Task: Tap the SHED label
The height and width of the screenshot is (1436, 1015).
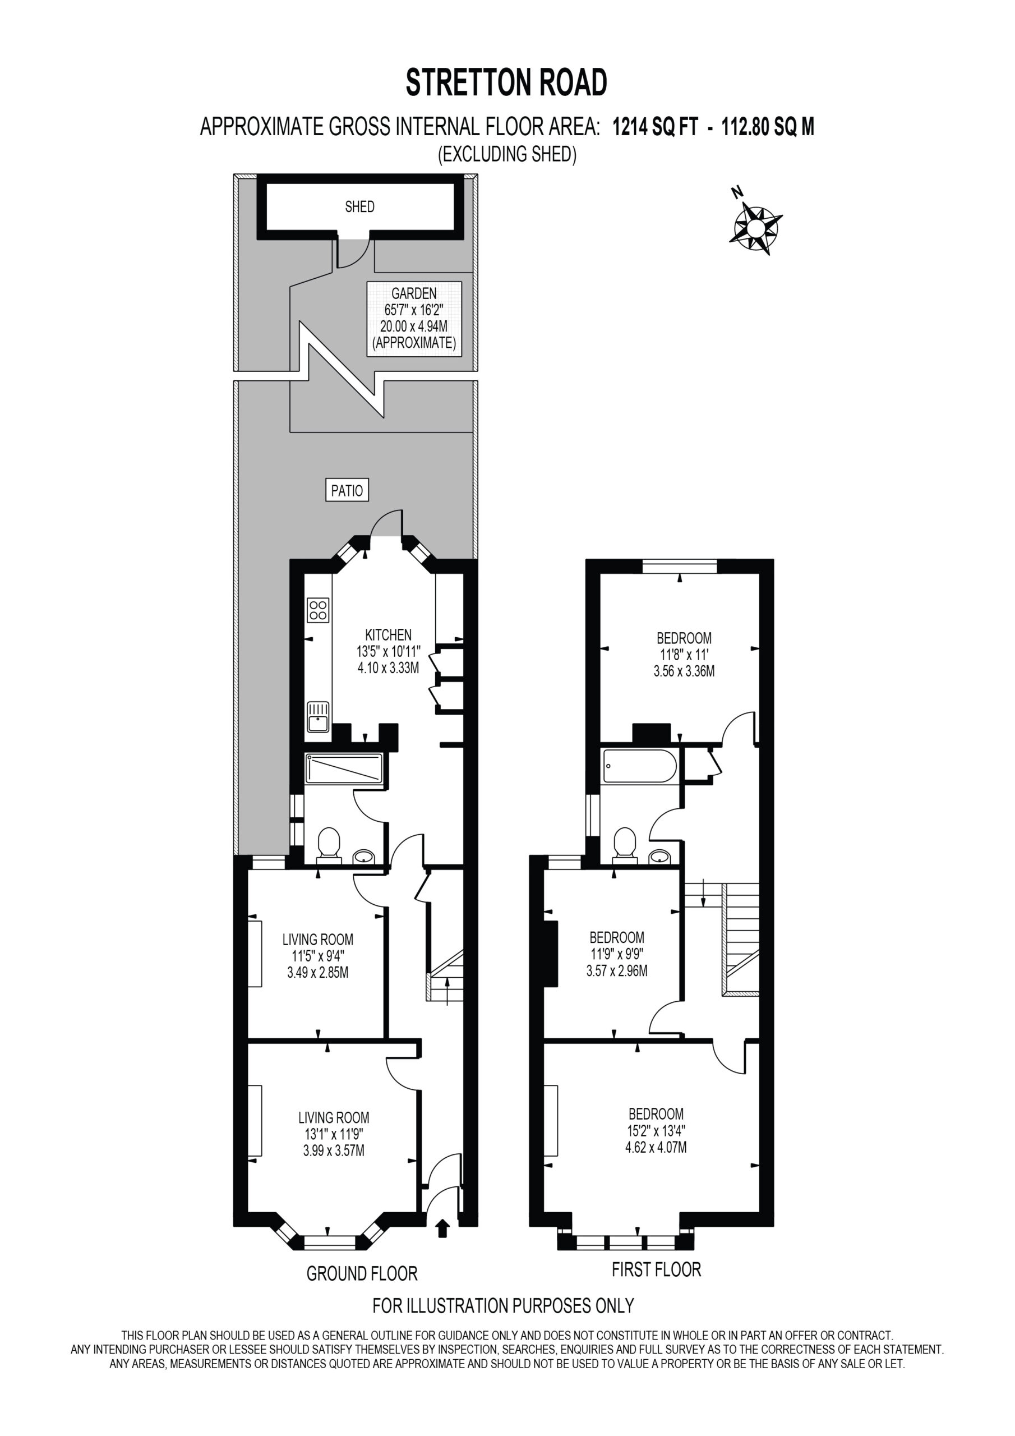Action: [x=359, y=206]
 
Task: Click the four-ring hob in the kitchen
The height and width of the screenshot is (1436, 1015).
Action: [x=319, y=610]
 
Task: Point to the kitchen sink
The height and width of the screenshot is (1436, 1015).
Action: [x=319, y=717]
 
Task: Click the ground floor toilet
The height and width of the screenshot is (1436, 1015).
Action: [x=329, y=845]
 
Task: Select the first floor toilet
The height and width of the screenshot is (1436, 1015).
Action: [x=625, y=845]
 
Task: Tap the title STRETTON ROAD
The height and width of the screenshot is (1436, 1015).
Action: [x=506, y=82]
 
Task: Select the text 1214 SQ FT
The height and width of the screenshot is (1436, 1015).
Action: [x=655, y=127]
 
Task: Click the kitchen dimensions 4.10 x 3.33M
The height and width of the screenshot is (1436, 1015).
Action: [x=389, y=668]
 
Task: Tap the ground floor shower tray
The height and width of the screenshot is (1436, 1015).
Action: [x=343, y=768]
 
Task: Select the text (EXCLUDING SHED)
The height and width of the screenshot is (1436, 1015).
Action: [x=506, y=154]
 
